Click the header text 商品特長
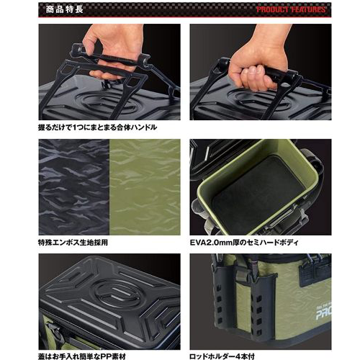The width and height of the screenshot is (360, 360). click(64, 9)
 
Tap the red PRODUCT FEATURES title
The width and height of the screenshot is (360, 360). click(291, 9)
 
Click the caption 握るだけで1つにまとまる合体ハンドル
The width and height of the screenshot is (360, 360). click(97, 127)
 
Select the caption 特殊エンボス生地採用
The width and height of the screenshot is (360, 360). click(73, 243)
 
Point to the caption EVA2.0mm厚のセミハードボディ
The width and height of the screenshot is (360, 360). click(244, 243)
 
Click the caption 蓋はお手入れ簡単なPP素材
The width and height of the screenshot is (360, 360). click(82, 356)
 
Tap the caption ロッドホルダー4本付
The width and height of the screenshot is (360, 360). click(222, 356)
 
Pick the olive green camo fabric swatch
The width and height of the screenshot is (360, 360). click(145, 187)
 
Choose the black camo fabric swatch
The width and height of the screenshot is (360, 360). click(74, 187)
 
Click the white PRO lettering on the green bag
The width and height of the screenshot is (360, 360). click(323, 313)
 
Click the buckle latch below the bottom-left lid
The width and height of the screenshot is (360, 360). click(55, 330)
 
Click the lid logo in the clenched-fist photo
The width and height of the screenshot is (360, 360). click(258, 99)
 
